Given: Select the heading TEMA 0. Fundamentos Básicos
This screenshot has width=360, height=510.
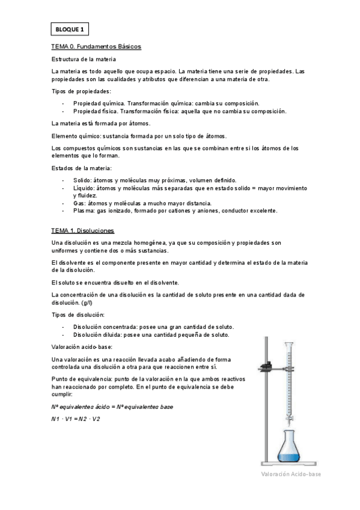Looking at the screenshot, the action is (x=96, y=46).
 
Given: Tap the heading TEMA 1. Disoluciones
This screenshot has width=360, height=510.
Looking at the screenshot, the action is (x=83, y=230).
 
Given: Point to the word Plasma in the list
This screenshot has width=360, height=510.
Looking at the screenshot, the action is (x=84, y=211).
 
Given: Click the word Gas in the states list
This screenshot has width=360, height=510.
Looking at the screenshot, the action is (x=79, y=203).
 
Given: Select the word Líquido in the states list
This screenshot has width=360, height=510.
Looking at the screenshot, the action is (x=84, y=188).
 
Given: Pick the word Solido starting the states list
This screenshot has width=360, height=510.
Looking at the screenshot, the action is (x=82, y=180).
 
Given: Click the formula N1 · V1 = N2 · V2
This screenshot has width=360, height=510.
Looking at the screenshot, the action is (x=76, y=419).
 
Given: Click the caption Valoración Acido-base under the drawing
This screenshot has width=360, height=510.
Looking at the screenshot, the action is (x=291, y=475).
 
